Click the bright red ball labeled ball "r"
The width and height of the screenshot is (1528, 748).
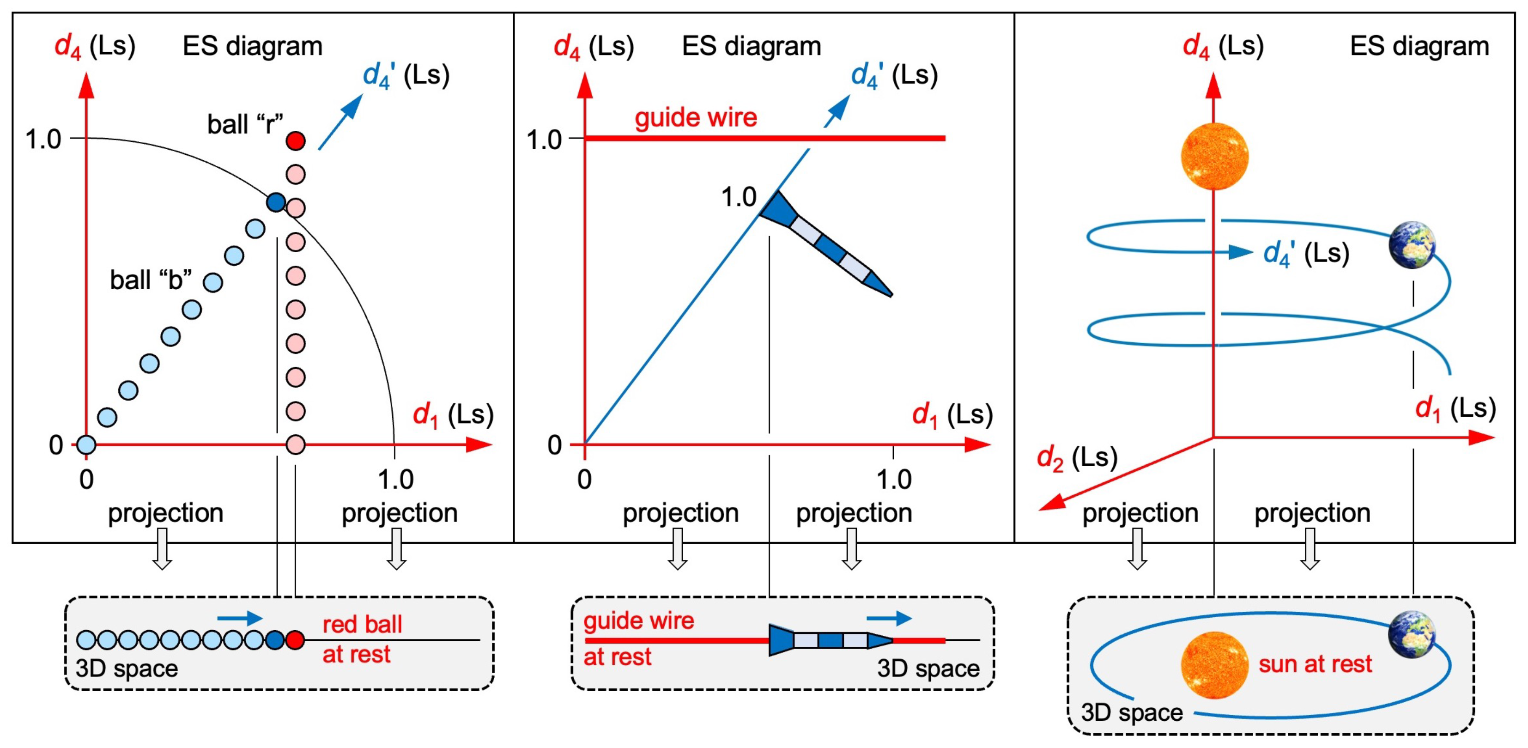(x=296, y=141)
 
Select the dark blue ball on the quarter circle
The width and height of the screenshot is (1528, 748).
(x=276, y=202)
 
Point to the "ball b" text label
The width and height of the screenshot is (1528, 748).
(x=151, y=280)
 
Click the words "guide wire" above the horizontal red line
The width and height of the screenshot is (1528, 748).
(x=696, y=117)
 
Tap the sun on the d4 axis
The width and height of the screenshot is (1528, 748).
(x=1214, y=157)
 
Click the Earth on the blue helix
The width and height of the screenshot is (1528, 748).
(x=1413, y=244)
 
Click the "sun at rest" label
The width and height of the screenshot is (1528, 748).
(x=1315, y=664)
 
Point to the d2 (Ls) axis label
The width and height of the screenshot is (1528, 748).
(x=1077, y=458)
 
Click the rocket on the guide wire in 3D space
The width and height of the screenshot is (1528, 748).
(x=831, y=640)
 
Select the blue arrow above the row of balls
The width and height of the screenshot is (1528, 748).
(x=240, y=618)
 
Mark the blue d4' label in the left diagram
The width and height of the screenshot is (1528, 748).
(x=406, y=76)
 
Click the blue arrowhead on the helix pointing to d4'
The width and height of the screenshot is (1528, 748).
(x=1240, y=252)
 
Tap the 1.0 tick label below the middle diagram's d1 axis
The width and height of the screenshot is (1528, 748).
(x=894, y=479)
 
